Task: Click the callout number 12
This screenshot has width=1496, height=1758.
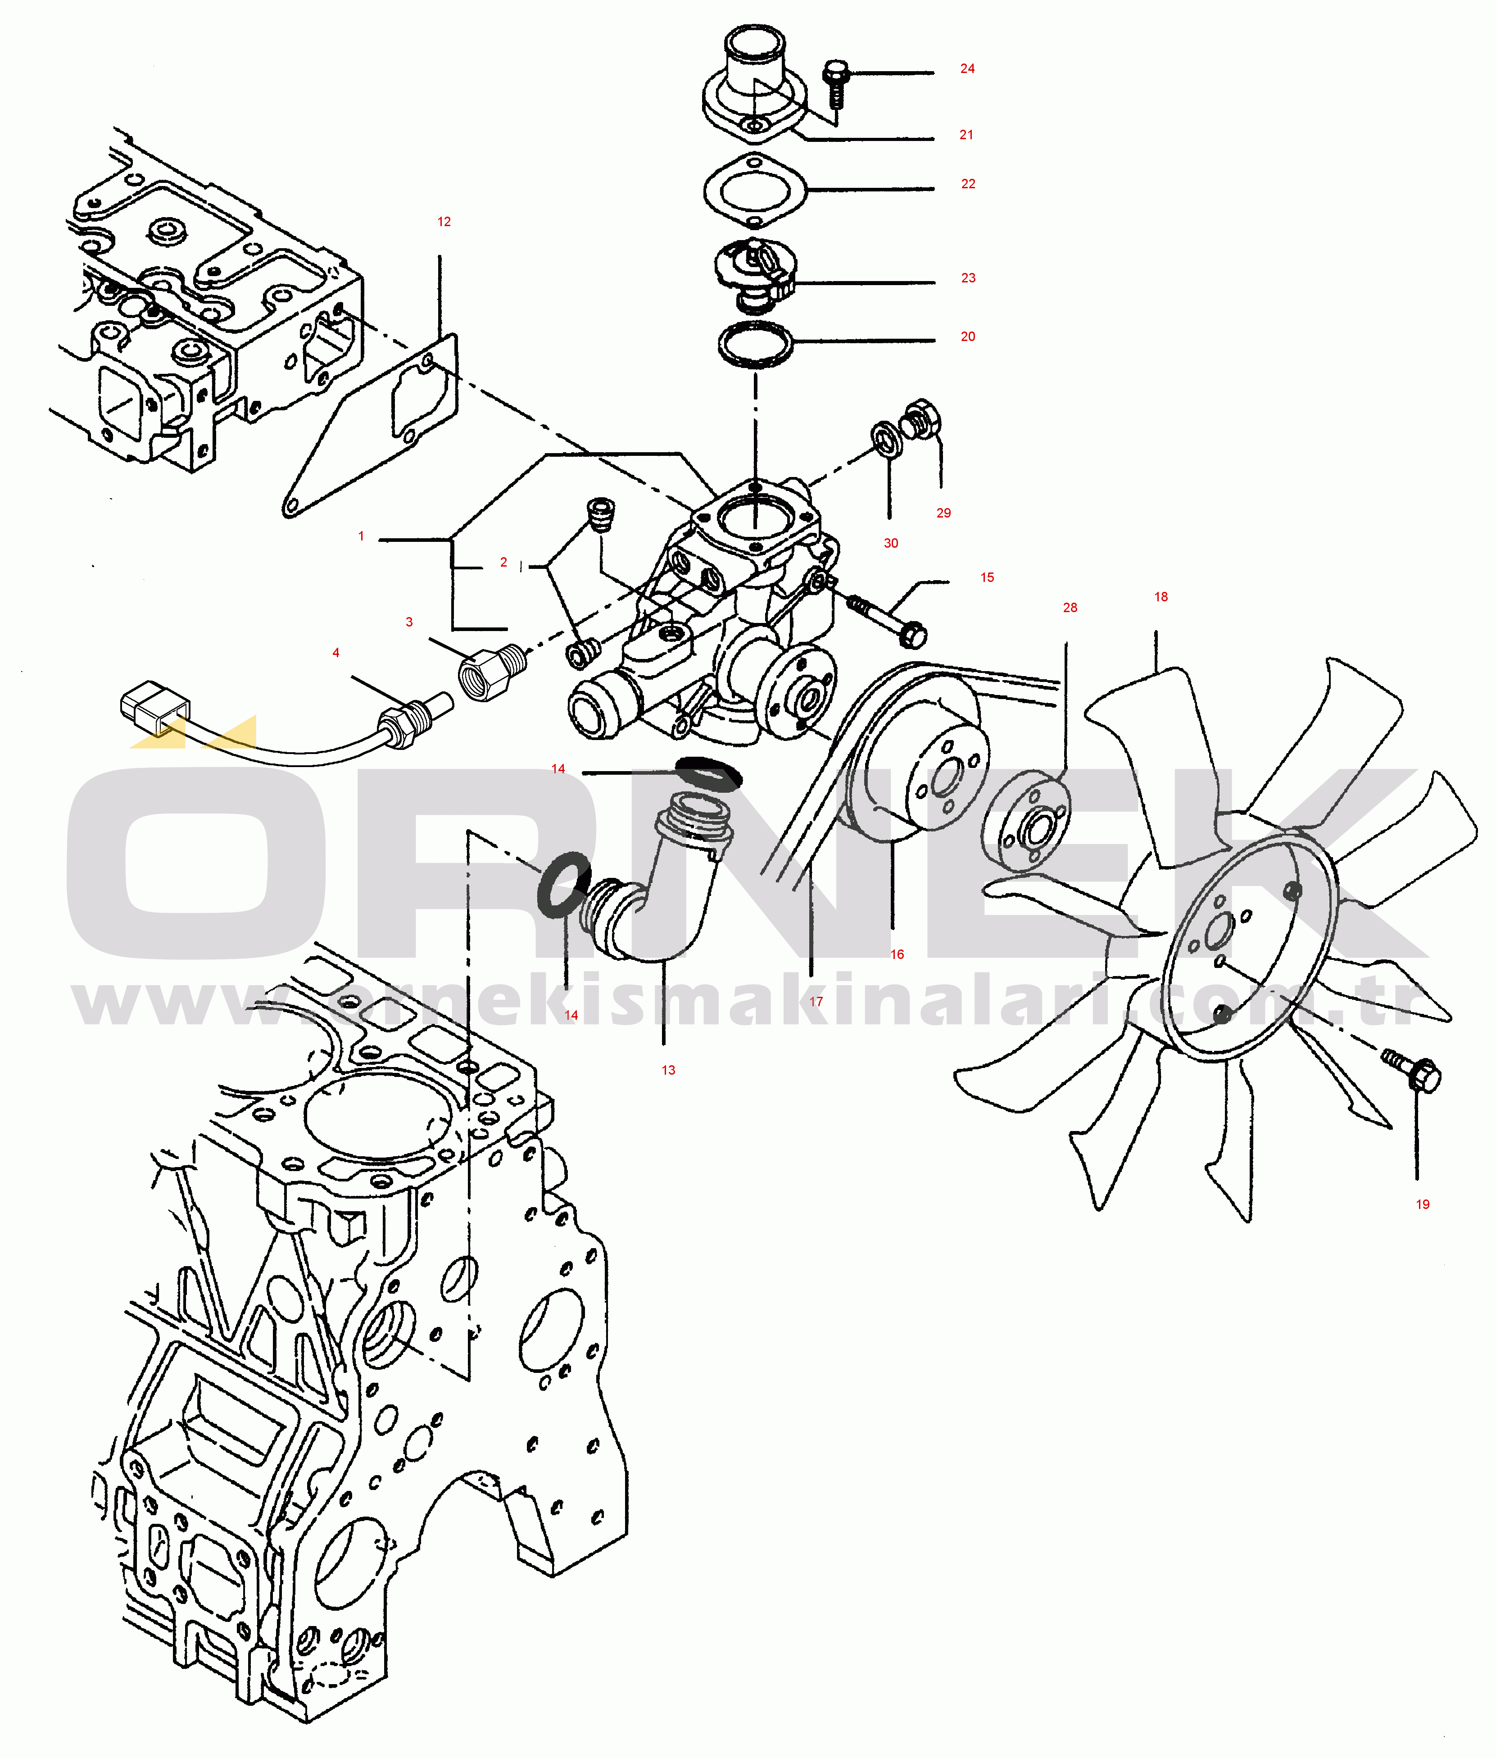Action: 444,222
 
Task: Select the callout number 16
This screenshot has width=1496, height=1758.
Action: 897,955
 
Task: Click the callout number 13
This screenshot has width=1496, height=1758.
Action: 668,1070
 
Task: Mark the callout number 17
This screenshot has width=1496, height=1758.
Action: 816,1002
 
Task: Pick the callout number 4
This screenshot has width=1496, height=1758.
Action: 336,653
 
